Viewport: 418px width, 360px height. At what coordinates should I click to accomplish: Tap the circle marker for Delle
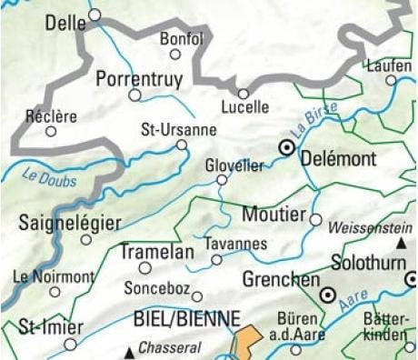pyautogui.click(x=94, y=14)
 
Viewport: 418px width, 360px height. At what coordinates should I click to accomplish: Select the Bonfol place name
pyautogui.click(x=181, y=38)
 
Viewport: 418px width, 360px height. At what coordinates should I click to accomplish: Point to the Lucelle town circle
pyautogui.click(x=244, y=93)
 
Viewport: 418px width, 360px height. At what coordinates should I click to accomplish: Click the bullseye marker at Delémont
pyautogui.click(x=287, y=147)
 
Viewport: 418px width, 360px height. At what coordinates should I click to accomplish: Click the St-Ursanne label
pyautogui.click(x=179, y=128)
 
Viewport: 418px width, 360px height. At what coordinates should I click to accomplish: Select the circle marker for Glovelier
pyautogui.click(x=221, y=180)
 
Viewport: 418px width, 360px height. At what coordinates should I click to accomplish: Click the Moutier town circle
pyautogui.click(x=316, y=219)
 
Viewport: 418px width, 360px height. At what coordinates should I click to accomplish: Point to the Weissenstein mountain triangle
pyautogui.click(x=400, y=245)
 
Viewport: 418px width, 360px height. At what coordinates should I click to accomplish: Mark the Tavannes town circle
pyautogui.click(x=216, y=260)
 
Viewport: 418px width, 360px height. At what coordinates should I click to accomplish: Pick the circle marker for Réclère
pyautogui.click(x=52, y=131)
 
